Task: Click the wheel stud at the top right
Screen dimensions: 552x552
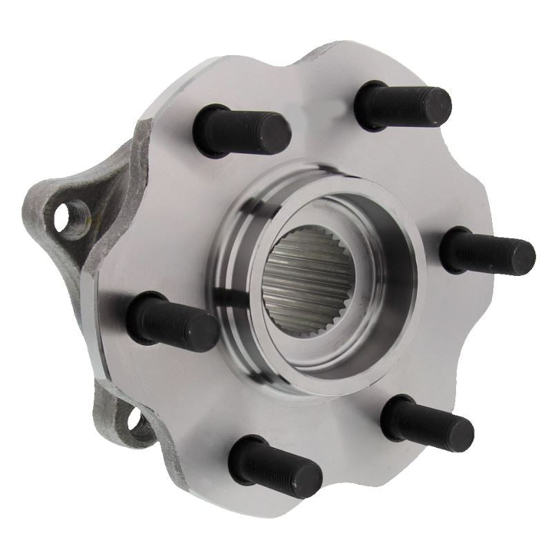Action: click(404, 105)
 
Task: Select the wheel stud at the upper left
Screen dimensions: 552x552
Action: click(241, 131)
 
